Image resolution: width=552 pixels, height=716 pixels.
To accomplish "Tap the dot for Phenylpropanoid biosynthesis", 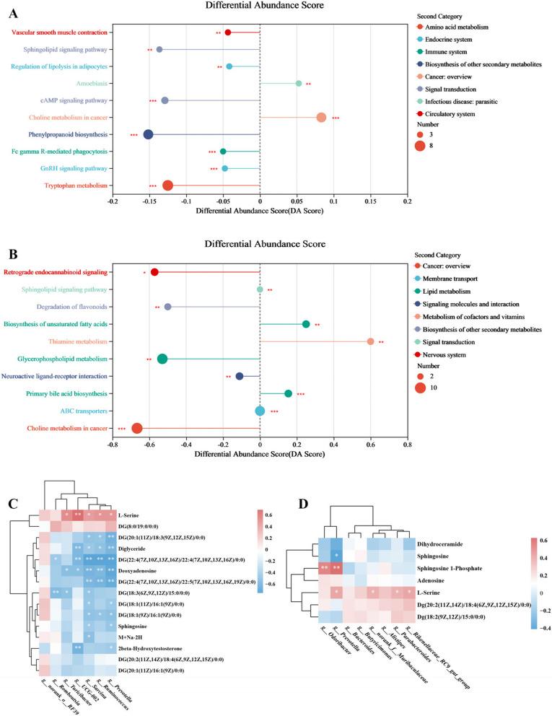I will tap(148, 134).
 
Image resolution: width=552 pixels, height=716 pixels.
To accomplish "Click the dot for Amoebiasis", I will tap(299, 84).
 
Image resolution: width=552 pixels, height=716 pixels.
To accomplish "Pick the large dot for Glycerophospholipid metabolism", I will tap(162, 359).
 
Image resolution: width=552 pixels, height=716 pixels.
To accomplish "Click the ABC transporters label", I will tap(85, 411).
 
